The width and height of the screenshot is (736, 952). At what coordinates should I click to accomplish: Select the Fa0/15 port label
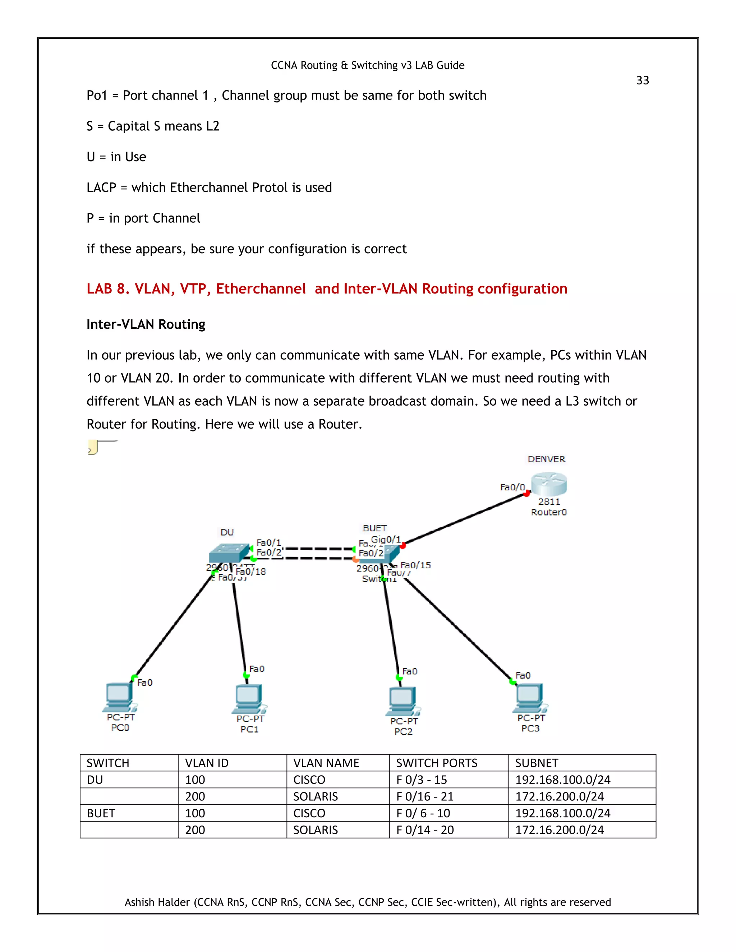point(415,565)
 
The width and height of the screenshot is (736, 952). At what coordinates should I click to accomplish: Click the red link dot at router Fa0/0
point(527,494)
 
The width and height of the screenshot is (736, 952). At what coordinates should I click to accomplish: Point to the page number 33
point(642,80)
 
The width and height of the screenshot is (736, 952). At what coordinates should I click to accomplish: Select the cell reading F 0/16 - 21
point(425,796)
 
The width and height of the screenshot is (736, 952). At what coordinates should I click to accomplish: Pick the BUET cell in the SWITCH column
point(101,813)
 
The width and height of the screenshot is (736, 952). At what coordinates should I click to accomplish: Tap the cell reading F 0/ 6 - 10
point(423,813)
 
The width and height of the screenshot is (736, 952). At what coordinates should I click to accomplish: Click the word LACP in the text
point(101,188)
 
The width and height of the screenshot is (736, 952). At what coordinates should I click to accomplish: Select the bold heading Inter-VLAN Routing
point(146,324)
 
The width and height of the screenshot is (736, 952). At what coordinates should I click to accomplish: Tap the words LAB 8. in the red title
point(108,288)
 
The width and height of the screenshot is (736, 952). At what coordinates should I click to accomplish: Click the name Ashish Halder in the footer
point(157,902)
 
